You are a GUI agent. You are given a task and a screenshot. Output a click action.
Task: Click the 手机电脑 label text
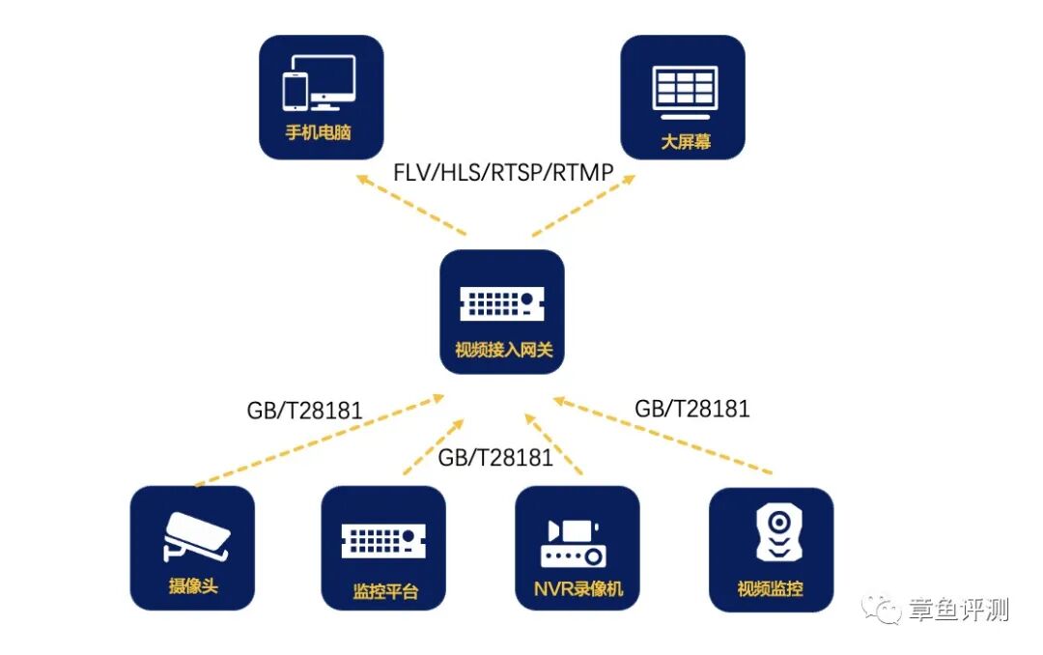click(318, 132)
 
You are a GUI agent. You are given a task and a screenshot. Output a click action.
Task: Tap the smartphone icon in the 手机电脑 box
click(295, 90)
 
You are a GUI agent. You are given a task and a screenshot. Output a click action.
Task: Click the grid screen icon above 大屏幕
click(685, 87)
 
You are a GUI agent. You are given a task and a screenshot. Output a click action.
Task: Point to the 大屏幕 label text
click(686, 141)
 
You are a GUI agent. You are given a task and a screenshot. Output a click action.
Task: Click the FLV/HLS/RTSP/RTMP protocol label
click(503, 173)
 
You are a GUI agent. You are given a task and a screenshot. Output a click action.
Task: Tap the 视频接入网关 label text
click(503, 350)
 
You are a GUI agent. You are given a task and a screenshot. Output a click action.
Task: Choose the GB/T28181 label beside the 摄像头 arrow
click(304, 411)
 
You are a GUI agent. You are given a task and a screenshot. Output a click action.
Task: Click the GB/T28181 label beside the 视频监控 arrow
click(691, 409)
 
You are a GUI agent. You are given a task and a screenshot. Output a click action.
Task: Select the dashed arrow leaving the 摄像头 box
click(319, 440)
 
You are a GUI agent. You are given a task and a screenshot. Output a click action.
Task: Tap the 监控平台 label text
click(385, 591)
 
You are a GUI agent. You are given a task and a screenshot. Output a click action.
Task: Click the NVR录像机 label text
click(578, 589)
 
